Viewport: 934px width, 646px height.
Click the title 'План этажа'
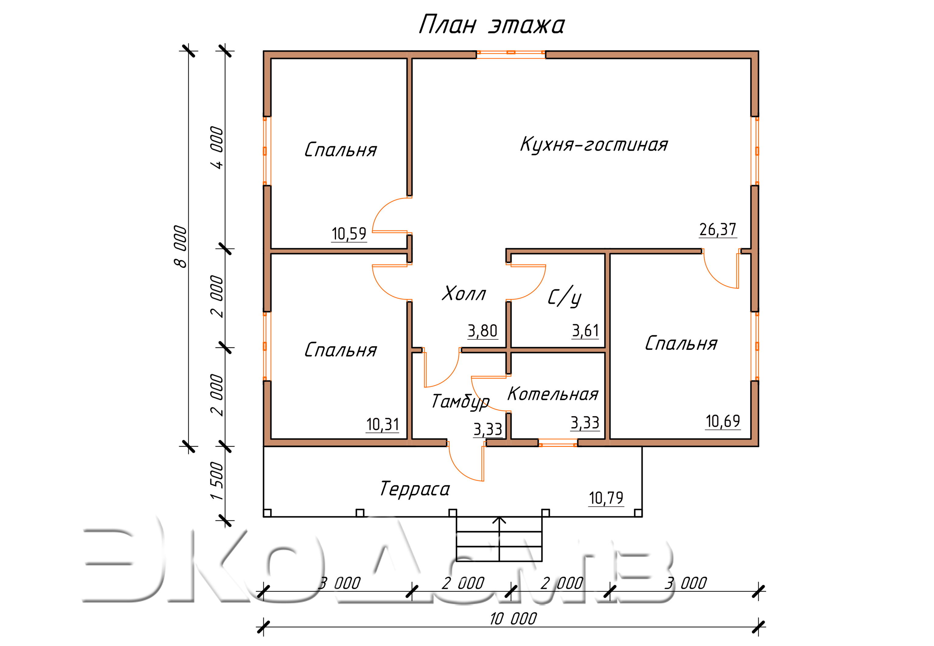(x=491, y=25)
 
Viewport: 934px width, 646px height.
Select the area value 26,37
(x=717, y=229)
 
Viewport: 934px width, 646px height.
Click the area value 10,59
(x=349, y=234)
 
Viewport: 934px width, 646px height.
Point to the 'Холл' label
(x=464, y=294)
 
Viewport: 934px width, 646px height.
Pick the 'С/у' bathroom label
(x=564, y=297)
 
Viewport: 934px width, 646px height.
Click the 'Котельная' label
(x=553, y=394)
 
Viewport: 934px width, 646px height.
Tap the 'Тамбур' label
(x=460, y=401)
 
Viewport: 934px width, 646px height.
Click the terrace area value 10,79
(x=606, y=498)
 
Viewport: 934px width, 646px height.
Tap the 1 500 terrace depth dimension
(x=217, y=481)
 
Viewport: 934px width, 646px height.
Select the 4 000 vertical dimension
(x=217, y=148)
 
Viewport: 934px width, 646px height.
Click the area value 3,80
(x=482, y=331)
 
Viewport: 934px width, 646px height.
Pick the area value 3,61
(x=585, y=331)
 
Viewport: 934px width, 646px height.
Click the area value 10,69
(x=723, y=421)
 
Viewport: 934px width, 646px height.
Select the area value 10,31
(x=382, y=424)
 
